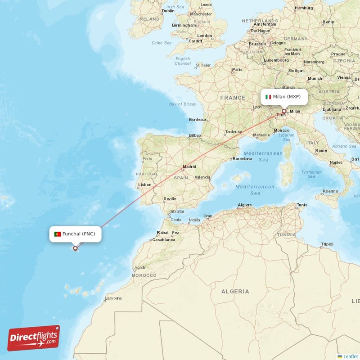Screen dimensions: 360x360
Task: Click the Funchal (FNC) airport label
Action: pos(79,234)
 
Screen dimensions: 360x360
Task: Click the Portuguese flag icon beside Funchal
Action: pos(58,234)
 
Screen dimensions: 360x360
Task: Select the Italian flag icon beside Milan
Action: pos(268,97)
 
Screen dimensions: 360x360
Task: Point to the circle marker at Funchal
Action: pos(75,248)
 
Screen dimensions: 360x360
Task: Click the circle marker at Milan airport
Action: pos(284,111)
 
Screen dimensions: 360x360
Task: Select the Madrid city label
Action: pos(189,167)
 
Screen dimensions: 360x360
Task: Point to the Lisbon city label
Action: pos(145,184)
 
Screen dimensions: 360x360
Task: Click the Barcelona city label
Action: pos(242,159)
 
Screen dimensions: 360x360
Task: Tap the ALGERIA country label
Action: pos(235,292)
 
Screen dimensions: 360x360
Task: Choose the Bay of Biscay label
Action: pos(183,104)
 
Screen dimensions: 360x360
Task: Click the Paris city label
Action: pos(237,70)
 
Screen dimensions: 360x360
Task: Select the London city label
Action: pos(204,36)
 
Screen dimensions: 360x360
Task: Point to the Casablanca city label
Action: pos(164,240)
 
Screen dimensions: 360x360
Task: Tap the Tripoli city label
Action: pos(327,244)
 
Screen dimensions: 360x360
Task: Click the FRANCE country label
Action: pos(233,98)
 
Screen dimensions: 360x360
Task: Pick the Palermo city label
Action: pos(330,191)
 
